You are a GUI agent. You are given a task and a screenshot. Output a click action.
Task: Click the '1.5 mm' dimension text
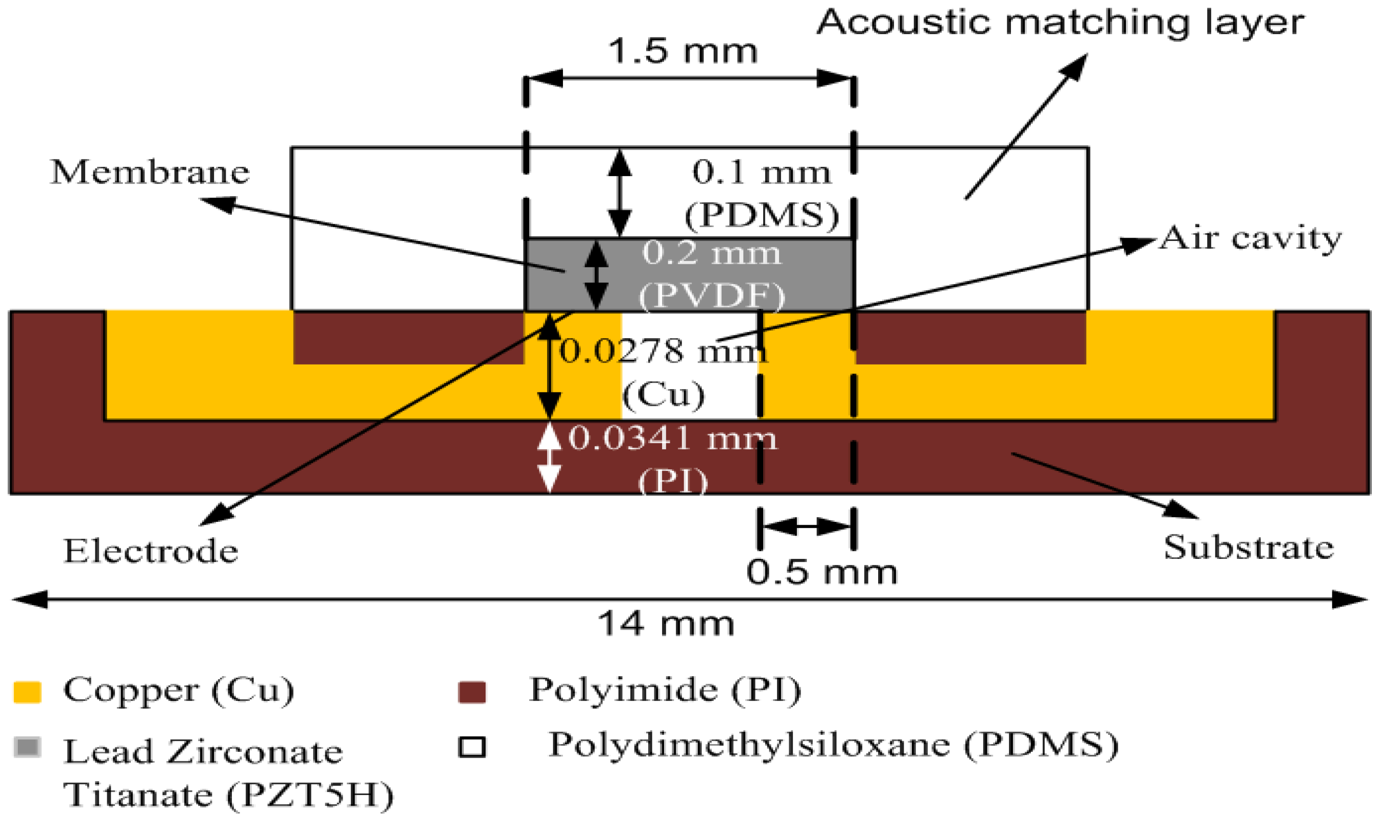[x=682, y=51]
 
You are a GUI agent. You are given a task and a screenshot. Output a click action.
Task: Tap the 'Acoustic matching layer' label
[x=1060, y=23]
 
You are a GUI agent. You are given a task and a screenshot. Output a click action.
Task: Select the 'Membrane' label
[x=150, y=172]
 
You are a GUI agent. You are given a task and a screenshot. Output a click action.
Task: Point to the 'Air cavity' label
[x=1250, y=239]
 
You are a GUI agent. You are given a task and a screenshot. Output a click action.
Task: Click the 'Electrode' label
[x=151, y=551]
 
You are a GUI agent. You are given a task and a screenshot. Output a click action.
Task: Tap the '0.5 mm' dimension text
[x=821, y=572]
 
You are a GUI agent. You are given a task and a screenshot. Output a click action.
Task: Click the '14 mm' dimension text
[x=665, y=624]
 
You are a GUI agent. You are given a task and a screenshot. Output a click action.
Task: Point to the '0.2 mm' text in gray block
[x=712, y=253]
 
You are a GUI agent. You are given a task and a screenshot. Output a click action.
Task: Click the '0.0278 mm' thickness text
[x=663, y=352]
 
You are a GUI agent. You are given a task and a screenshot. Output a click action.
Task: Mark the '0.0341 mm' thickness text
[x=673, y=439]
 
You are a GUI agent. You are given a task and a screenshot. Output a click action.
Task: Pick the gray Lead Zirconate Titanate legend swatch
[x=27, y=748]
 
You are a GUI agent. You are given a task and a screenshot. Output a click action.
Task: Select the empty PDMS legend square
[x=472, y=747]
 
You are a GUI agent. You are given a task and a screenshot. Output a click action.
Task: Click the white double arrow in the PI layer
[x=549, y=457]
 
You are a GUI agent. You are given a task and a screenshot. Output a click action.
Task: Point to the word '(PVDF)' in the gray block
[x=712, y=296]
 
